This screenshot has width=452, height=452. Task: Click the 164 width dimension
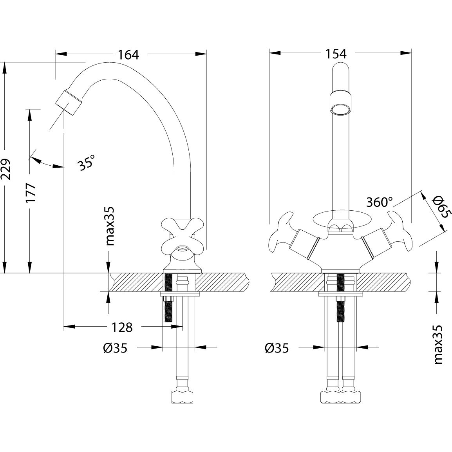pyautogui.click(x=128, y=54)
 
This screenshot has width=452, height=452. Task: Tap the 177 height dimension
pyautogui.click(x=31, y=192)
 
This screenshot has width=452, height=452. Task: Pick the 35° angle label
pyautogui.click(x=87, y=162)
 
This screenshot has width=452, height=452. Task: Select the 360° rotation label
pyautogui.click(x=379, y=202)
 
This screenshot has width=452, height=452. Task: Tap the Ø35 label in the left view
pyautogui.click(x=115, y=347)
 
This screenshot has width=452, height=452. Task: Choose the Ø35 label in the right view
pyautogui.click(x=277, y=347)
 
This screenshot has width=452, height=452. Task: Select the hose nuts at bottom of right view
pyautogui.click(x=340, y=396)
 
